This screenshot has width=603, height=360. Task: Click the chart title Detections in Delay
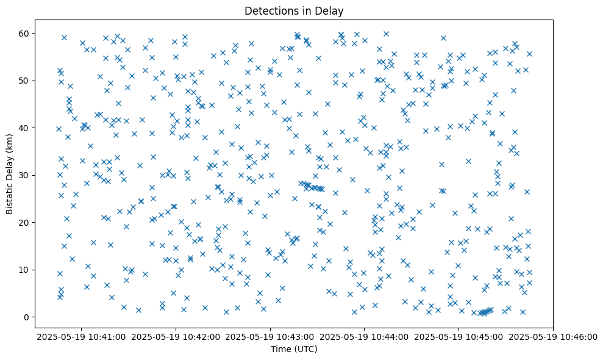295,10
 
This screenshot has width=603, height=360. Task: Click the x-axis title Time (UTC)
295,349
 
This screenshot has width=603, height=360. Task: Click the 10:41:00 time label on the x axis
82,336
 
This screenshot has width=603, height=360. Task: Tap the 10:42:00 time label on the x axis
176,336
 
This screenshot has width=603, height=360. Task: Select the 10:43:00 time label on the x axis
271,336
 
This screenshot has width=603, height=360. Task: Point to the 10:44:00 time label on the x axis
365,336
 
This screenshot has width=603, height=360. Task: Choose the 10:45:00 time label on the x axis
459,336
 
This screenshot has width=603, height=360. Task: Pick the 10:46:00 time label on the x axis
554,336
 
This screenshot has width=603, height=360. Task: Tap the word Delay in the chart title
332,10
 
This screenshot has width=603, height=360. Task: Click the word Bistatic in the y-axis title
10,196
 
